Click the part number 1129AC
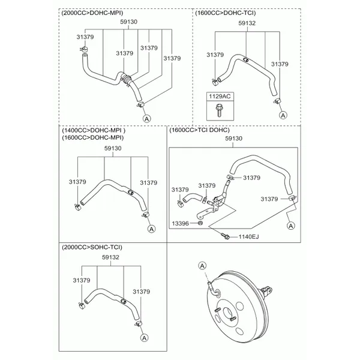tap(220, 96)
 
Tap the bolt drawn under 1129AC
tap(218, 110)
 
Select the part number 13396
tap(180, 223)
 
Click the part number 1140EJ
tap(248, 236)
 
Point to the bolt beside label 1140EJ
tap(225, 236)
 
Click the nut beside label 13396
tap(200, 223)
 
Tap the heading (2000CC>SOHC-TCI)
tap(92, 247)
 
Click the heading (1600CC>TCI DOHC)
tap(200, 130)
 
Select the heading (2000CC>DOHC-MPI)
tap(92, 13)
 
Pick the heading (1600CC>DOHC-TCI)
tap(226, 13)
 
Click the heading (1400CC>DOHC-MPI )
tap(94, 130)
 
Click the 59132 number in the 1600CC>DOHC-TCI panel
tap(247, 23)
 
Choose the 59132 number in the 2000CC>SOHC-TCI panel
tap(110, 257)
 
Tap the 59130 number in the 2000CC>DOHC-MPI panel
tap(129, 22)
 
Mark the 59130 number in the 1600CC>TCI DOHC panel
tap(234, 139)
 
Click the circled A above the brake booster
tap(202, 266)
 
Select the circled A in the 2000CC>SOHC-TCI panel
tap(144, 338)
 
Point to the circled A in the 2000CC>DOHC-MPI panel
tap(147, 119)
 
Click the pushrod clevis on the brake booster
tap(267, 290)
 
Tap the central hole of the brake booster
tap(228, 312)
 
